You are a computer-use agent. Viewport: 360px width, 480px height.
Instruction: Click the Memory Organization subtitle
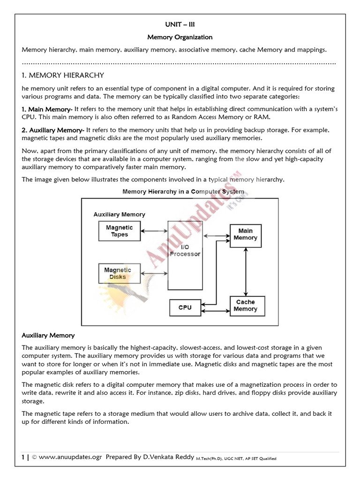180,37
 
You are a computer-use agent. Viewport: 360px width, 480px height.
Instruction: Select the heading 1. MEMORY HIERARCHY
63,75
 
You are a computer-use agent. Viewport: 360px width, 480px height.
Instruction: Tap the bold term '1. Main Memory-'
47,109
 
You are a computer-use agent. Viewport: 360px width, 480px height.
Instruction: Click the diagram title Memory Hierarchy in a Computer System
183,192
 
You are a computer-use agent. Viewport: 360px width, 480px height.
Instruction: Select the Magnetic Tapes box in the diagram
120,231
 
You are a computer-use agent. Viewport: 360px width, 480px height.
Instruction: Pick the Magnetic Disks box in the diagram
118,274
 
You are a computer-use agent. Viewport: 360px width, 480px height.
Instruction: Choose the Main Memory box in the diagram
245,234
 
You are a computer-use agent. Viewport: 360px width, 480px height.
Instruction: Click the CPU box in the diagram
185,308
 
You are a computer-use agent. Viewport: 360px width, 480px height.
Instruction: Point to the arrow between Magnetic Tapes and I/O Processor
154,231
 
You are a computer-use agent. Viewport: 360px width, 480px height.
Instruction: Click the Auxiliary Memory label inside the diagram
119,214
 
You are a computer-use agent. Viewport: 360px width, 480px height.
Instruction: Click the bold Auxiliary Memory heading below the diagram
48,336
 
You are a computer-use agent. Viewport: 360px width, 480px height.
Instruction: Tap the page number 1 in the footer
22,457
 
